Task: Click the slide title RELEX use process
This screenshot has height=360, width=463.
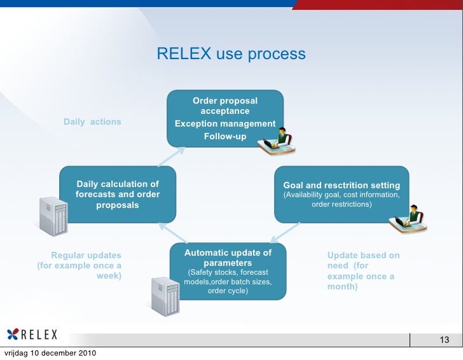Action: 231,54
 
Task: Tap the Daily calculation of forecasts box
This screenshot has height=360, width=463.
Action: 117,195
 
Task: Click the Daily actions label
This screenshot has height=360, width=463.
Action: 92,121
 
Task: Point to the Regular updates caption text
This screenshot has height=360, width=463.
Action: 80,266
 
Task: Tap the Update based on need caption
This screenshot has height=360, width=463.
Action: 363,271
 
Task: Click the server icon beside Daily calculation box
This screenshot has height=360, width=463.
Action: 53,215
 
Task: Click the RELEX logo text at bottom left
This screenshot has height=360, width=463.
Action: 39,335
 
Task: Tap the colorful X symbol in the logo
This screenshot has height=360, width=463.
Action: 13,335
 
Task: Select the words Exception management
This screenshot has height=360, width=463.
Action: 225,124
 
